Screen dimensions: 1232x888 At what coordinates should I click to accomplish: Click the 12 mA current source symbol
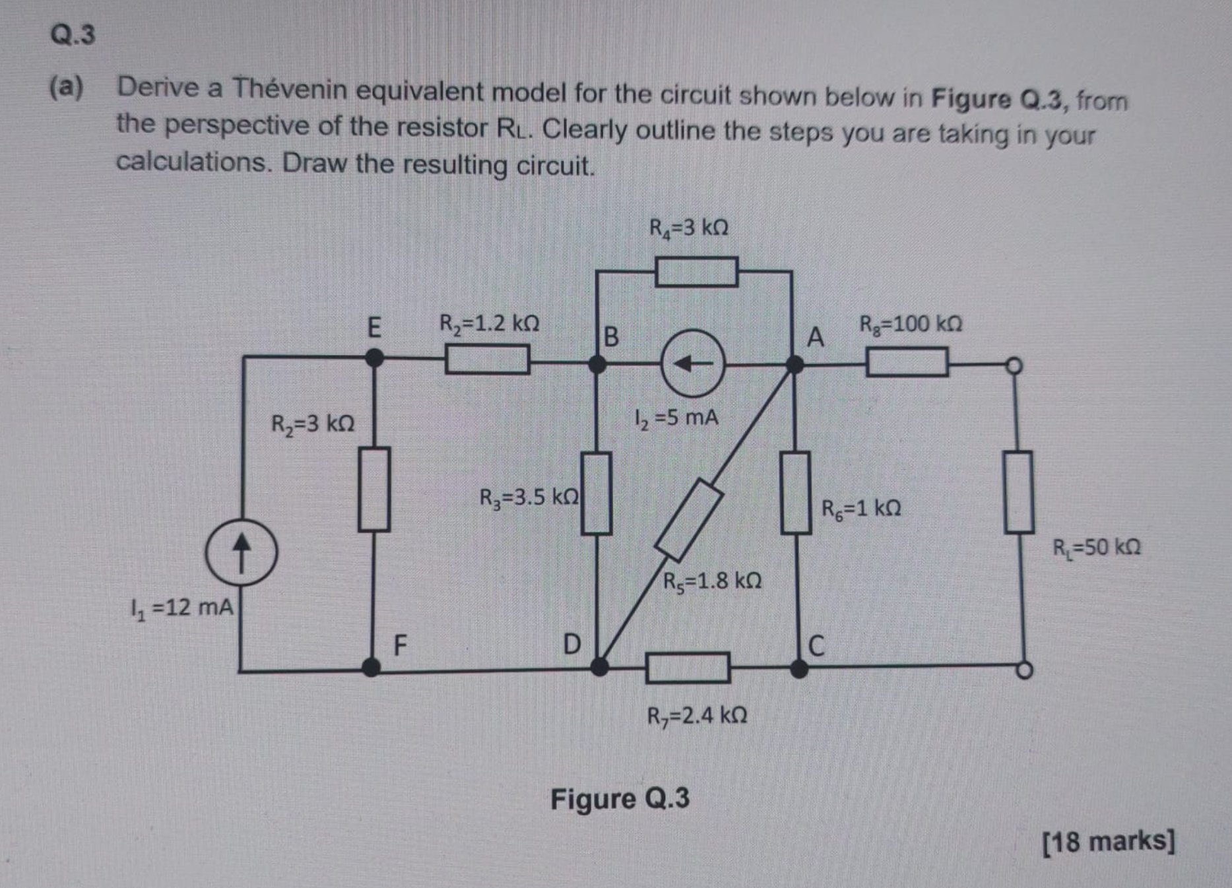tap(241, 552)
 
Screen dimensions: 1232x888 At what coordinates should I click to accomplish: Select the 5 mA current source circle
tap(693, 363)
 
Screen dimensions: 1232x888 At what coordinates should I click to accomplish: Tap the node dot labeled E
tap(374, 358)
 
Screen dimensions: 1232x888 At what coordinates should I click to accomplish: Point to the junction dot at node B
tap(597, 364)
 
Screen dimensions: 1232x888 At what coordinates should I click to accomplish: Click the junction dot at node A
tap(795, 364)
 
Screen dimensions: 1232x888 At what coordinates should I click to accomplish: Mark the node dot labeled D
tap(599, 666)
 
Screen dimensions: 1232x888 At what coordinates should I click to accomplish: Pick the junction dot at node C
tap(799, 669)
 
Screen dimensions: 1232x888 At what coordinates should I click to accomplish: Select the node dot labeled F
tap(372, 667)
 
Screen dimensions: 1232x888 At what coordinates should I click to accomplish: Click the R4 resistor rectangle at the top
tap(696, 271)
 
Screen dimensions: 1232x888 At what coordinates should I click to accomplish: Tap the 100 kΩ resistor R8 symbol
tap(907, 362)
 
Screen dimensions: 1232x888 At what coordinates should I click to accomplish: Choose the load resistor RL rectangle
tap(1019, 492)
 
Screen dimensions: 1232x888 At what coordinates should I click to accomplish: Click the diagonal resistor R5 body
tap(689, 521)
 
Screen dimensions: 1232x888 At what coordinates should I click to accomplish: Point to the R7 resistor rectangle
tap(688, 668)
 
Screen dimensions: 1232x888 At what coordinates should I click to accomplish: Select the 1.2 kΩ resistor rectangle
tap(487, 360)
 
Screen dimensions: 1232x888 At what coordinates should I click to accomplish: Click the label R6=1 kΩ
tap(861, 509)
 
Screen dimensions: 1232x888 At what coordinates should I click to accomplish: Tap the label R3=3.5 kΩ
tap(529, 497)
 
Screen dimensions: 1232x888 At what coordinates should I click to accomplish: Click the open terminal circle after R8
tap(1014, 365)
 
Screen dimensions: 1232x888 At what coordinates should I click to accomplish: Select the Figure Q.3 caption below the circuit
tap(620, 799)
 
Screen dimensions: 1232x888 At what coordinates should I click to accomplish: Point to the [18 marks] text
tap(1109, 842)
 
